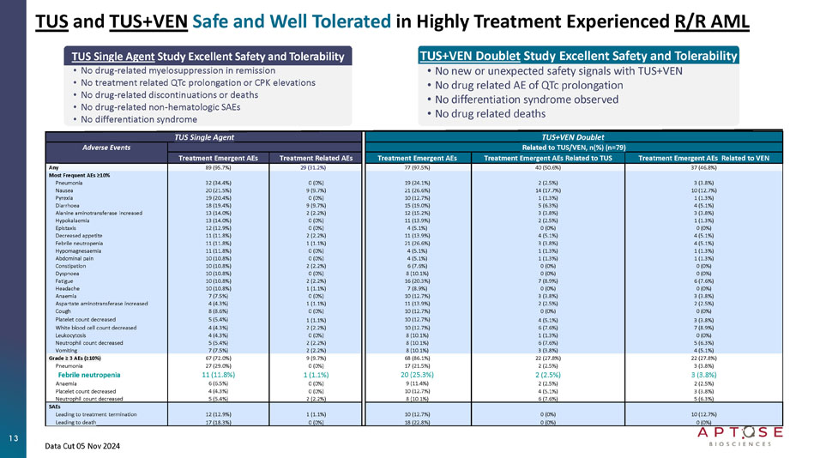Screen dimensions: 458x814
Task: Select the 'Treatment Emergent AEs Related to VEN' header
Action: (704, 158)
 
